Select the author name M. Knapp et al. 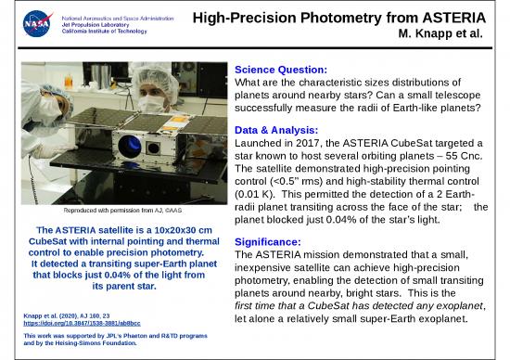451,34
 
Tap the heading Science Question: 285,71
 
